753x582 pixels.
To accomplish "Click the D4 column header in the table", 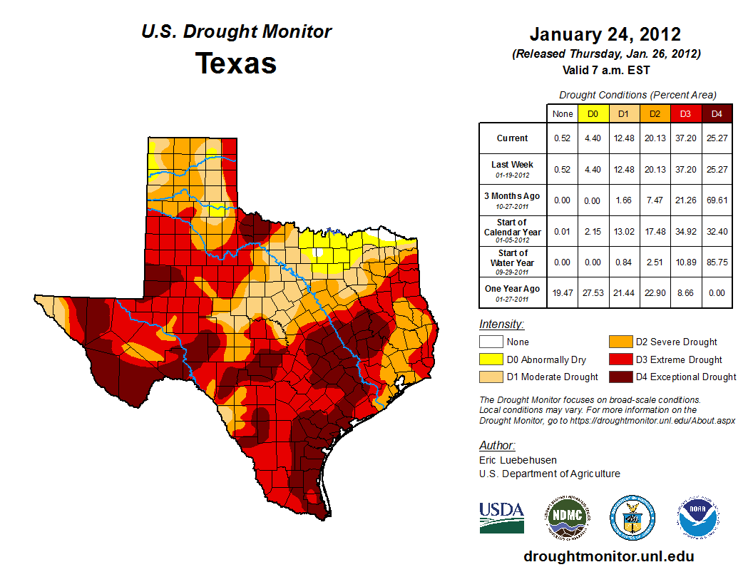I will (717, 113).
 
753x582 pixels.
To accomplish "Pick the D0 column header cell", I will (593, 113).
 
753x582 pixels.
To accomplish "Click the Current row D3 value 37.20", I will (685, 138).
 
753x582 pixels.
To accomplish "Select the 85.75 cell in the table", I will (717, 262).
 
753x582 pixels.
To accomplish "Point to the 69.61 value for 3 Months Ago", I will (717, 200).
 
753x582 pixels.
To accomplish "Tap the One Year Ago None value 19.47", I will (562, 293).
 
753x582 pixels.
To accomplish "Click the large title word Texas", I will (236, 63).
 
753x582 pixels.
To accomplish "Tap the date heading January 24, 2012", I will (605, 34).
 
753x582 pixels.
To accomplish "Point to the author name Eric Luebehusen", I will (518, 460).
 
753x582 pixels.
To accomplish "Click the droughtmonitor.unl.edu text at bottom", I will (608, 556).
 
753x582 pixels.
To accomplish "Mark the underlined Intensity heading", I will (501, 325).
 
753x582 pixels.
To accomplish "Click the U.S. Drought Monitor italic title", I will (236, 31).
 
